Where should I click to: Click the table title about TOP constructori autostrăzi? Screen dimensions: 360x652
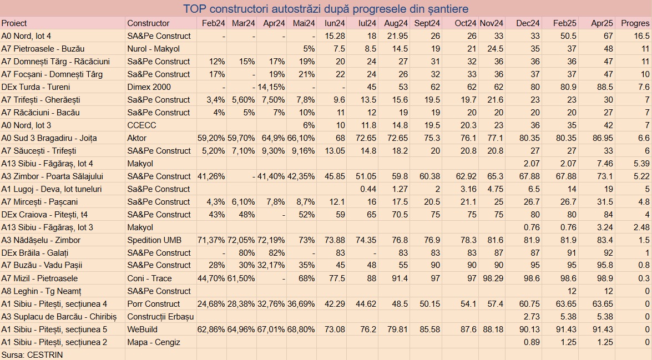(326, 9)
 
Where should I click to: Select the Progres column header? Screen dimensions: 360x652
(635, 23)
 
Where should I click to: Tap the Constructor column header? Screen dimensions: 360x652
(148, 23)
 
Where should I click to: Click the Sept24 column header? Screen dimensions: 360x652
(427, 23)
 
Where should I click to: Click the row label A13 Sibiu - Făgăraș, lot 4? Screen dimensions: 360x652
(47, 164)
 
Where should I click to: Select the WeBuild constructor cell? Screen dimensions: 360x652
(143, 329)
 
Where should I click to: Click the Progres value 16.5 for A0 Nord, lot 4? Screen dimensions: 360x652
(641, 36)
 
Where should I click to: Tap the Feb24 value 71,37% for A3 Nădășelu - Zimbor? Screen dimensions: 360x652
(211, 240)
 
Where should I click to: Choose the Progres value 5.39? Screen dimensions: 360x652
(640, 164)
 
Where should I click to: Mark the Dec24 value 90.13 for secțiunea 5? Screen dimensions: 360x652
(528, 329)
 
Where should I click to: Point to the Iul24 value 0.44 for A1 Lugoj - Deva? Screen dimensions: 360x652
(368, 189)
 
